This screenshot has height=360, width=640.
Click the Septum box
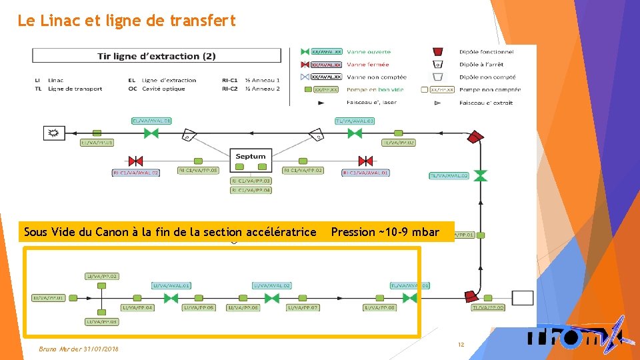251,157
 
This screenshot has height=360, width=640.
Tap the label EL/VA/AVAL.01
151,121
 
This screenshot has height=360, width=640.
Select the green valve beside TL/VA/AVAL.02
480,175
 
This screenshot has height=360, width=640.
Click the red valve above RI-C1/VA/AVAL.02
136,161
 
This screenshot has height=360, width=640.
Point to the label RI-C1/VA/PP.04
251,190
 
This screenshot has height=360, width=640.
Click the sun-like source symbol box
51,133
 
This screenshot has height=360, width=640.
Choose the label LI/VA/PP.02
101,276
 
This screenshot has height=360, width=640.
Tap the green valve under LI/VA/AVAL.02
271,298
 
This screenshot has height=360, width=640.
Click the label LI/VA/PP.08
379,307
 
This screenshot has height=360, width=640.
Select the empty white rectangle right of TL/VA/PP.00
522,297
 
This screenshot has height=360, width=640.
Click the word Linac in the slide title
60,21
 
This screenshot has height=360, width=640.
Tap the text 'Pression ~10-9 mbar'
385,232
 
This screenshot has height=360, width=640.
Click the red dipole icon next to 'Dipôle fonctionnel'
438,52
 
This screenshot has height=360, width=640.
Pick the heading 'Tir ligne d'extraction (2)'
156,56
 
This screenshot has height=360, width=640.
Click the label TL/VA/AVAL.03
354,121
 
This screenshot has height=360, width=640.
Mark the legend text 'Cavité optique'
161,89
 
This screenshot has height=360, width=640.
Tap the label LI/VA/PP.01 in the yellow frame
49,298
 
